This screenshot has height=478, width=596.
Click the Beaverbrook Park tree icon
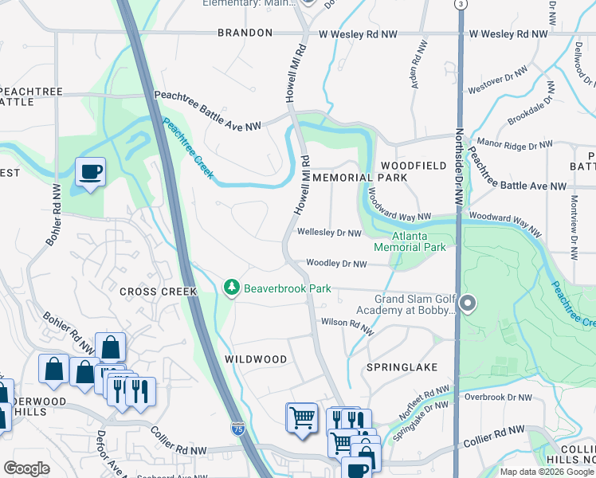point(232,287)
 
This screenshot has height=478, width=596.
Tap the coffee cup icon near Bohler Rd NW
point(90,171)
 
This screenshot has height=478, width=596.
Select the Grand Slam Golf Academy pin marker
point(468,304)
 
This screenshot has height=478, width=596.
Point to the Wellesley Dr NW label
point(329,233)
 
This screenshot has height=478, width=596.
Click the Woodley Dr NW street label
point(336,264)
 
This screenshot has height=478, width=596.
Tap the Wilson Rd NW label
point(347,323)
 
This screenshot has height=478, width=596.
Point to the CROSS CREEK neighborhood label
point(158,292)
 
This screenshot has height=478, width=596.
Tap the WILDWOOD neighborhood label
point(255,359)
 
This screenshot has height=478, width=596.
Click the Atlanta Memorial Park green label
point(422,242)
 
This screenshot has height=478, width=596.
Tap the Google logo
point(26,468)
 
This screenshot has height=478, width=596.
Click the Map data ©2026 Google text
point(547,472)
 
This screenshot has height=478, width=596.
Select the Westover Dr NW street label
point(499,80)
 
